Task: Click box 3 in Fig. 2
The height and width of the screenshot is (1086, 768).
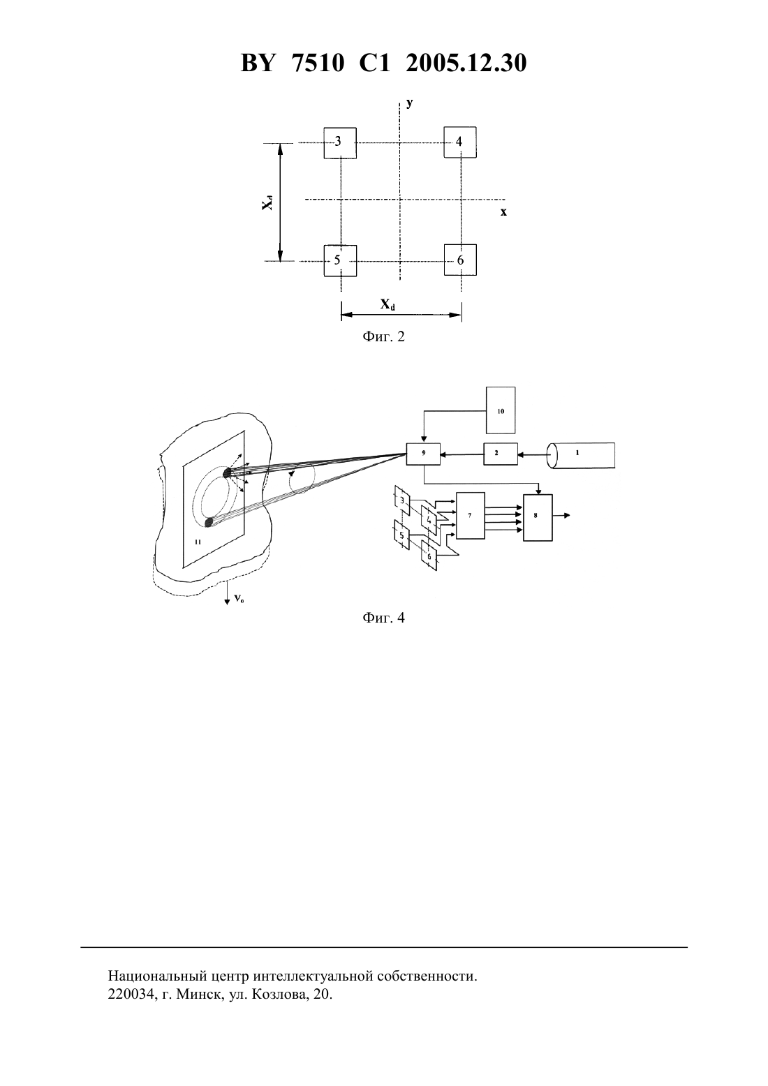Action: point(340,142)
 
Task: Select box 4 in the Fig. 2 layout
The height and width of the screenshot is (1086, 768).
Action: point(460,142)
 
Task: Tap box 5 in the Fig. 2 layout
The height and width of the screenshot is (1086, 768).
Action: point(340,260)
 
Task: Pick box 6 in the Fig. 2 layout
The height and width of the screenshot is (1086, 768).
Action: point(460,260)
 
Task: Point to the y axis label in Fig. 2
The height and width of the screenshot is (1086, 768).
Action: point(410,103)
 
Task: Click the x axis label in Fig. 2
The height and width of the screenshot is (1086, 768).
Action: point(504,212)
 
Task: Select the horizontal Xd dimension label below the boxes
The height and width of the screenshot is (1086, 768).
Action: point(387,304)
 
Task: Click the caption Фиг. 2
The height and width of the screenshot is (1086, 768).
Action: point(383,336)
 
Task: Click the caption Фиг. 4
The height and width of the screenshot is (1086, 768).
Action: point(383,618)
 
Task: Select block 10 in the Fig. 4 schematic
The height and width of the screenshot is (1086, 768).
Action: point(501,410)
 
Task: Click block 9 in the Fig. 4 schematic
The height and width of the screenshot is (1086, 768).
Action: point(423,454)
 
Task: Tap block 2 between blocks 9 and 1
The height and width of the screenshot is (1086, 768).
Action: point(501,454)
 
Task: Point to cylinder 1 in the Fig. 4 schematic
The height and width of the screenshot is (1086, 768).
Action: point(580,455)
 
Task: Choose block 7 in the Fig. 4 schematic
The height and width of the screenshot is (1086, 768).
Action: point(471,516)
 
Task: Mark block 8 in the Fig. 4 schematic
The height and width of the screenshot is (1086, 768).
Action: point(537,517)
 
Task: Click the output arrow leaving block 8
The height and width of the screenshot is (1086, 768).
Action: point(561,515)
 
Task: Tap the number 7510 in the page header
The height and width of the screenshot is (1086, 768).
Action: point(318,63)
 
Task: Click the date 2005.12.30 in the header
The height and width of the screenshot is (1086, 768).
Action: point(466,63)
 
